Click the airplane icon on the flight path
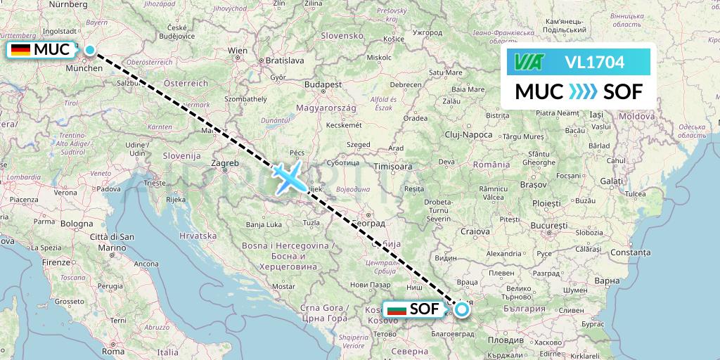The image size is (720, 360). [x=288, y=176]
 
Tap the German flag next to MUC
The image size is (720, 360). [x=20, y=50]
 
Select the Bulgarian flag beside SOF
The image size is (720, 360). [x=397, y=309]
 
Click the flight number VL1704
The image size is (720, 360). [x=594, y=63]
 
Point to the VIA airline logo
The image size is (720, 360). [x=528, y=63]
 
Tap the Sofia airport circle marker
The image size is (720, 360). [x=462, y=308]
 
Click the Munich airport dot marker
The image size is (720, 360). [x=90, y=49]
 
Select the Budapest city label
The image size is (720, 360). [x=323, y=84]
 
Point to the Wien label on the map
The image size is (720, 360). [x=238, y=51]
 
